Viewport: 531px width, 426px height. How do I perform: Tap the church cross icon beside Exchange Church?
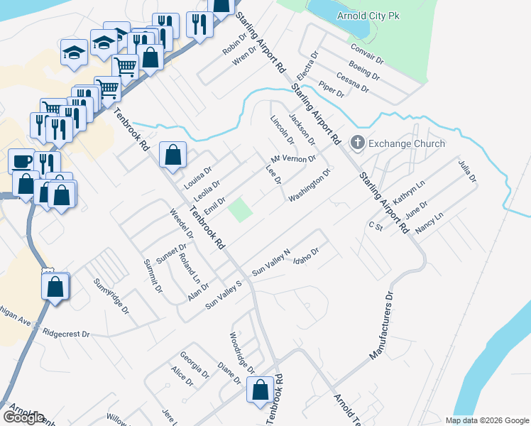click(357, 143)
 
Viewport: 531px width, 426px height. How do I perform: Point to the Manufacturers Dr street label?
click(381, 326)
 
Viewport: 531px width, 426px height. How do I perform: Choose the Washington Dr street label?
click(310, 185)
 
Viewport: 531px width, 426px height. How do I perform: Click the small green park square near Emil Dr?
click(240, 209)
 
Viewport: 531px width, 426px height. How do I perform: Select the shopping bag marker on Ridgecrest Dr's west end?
click(55, 288)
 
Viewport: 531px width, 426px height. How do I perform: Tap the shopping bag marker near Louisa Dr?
click(173, 155)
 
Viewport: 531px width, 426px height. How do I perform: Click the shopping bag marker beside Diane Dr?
click(260, 390)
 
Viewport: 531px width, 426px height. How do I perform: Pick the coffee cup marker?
click(22, 161)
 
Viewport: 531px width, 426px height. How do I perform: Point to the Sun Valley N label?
click(272, 263)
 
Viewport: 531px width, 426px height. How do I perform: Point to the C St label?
click(376, 226)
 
